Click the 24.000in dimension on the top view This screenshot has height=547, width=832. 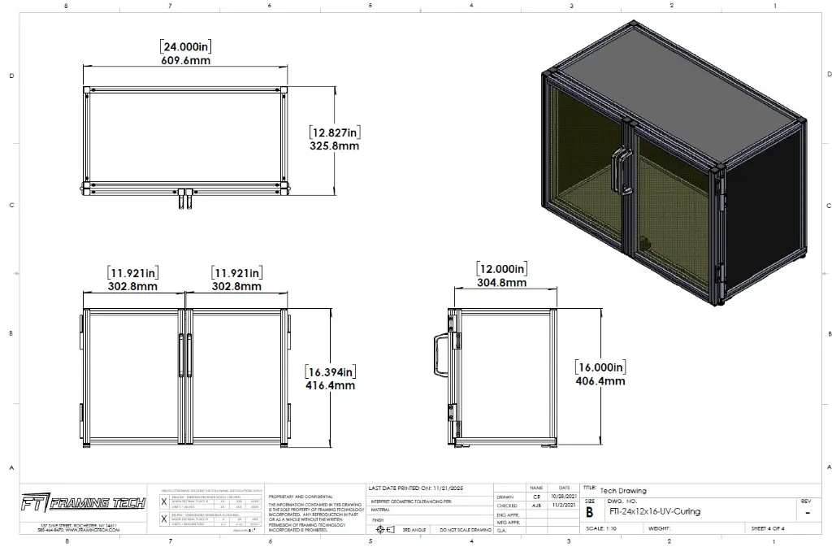187,46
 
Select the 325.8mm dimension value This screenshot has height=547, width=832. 335,146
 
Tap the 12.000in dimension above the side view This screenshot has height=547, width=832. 501,269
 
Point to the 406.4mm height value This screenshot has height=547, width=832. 600,380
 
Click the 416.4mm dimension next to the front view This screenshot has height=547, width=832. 331,385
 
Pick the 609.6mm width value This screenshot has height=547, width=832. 186,60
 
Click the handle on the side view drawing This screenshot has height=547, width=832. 439,357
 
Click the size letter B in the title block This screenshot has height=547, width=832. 589,511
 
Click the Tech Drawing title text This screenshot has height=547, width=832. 623,490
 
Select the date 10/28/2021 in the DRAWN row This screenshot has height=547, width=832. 564,496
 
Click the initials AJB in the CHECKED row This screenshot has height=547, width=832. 536,505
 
